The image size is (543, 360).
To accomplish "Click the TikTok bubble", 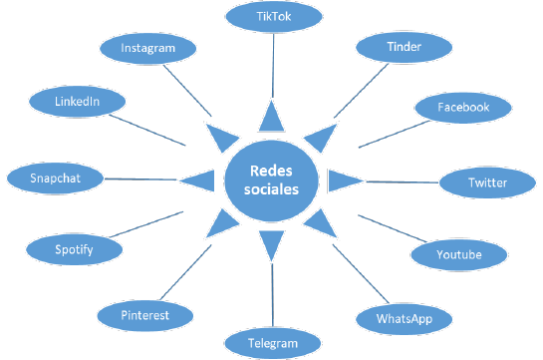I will (274, 17).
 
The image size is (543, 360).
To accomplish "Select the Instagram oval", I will (147, 47).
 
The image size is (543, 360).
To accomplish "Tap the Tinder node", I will (397, 47).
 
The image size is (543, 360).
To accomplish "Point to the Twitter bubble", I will (487, 183).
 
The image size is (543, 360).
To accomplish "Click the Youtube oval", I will (458, 254).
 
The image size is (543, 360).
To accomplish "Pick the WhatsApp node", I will (402, 319).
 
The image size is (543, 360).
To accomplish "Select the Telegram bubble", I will (273, 344).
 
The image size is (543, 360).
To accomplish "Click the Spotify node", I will (74, 248).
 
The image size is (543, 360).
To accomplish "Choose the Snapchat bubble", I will (54, 178).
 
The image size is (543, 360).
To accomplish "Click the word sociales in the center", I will (271, 189).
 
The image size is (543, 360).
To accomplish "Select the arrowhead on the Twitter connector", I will (343, 180).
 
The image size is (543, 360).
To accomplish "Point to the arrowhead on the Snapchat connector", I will (202, 180).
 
